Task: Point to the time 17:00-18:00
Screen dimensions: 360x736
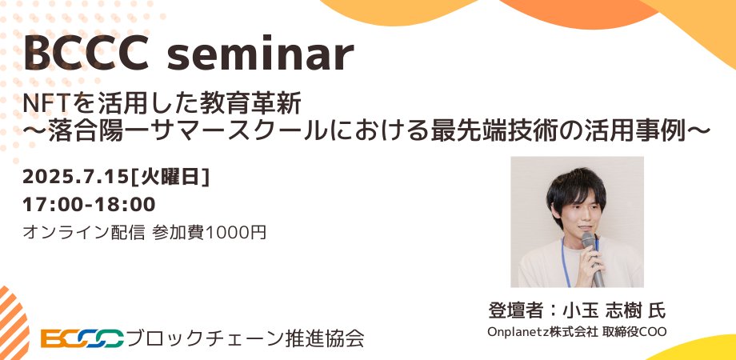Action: pos(89,204)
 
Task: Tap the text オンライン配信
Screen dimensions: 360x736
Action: pos(84,233)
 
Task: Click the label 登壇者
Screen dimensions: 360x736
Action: pos(510,310)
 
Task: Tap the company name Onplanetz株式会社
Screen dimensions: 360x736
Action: pos(544,331)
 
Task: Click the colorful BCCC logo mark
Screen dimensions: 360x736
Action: pos(82,338)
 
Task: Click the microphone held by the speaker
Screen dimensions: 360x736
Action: pos(593,256)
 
